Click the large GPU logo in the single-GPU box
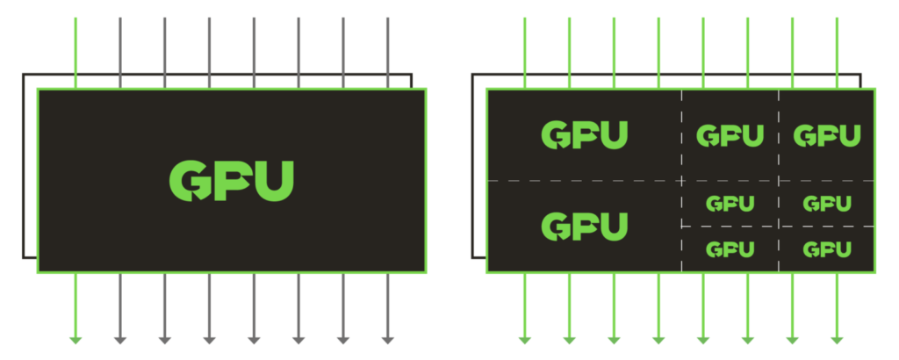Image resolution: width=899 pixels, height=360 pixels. [x=231, y=181]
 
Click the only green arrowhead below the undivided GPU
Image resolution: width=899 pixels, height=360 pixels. [x=76, y=339]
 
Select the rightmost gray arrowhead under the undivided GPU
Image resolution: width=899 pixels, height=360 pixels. [x=387, y=339]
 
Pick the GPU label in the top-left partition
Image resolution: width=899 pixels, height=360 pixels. [x=584, y=135]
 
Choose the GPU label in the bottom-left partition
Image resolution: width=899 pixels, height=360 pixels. [x=584, y=226]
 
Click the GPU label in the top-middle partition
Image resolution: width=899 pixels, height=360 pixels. [x=730, y=136]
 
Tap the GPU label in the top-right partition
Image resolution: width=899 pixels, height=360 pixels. [x=827, y=136]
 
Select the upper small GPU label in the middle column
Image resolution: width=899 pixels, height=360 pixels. [x=730, y=204]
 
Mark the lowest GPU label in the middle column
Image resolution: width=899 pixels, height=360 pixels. [x=730, y=249]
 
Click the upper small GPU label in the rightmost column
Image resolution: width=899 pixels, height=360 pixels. [x=827, y=204]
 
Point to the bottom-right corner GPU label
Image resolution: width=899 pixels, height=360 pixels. [x=827, y=249]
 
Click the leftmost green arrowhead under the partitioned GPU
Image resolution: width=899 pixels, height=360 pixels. [x=525, y=339]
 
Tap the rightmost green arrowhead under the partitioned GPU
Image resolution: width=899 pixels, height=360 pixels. [x=837, y=339]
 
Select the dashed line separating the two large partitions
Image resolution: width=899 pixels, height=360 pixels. [x=584, y=180]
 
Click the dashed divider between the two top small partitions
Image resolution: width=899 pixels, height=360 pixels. [x=778, y=136]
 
